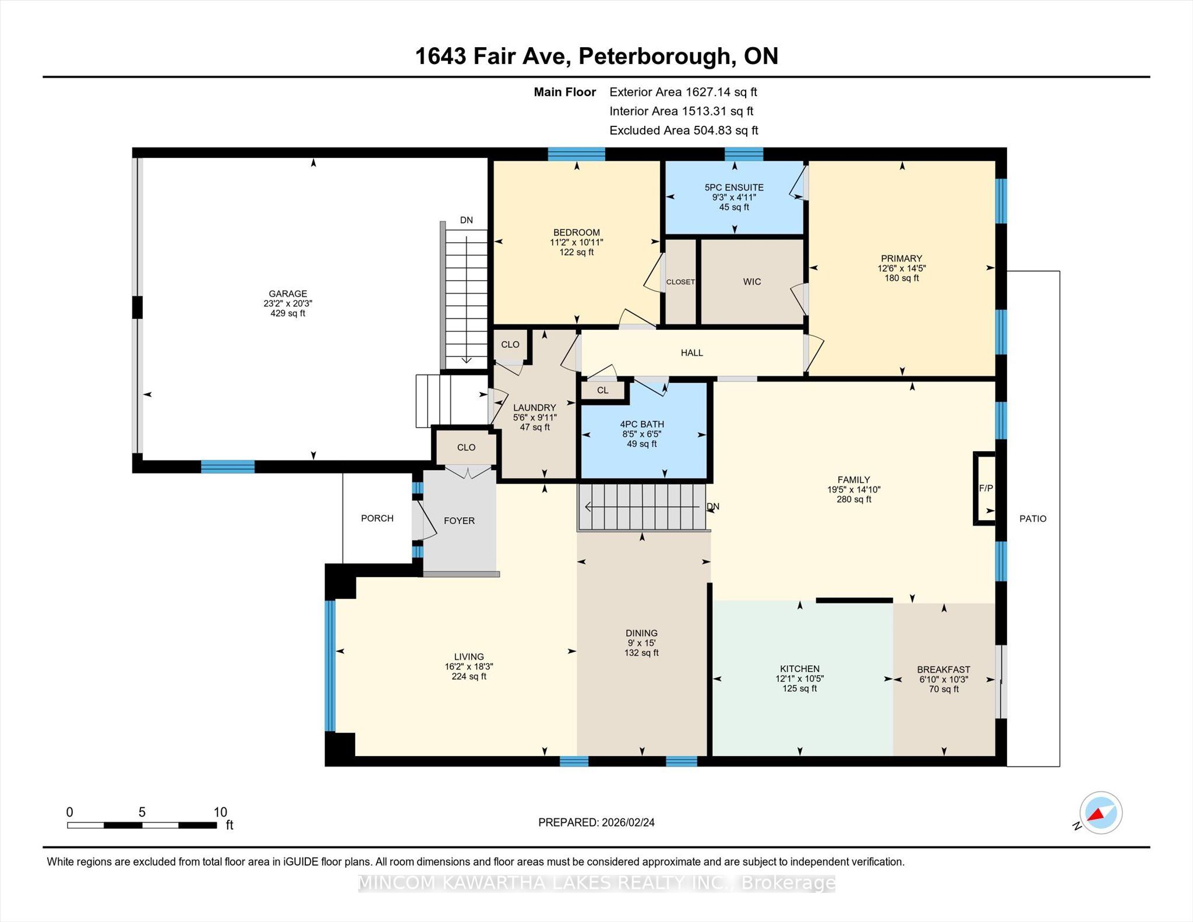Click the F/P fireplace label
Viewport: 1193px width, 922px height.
coord(986,489)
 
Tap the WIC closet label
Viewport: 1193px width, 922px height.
coord(752,282)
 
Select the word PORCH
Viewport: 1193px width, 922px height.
coord(377,518)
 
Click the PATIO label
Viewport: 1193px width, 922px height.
coord(1033,519)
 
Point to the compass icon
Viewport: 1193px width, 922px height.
coord(1100,813)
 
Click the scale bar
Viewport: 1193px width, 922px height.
coord(142,825)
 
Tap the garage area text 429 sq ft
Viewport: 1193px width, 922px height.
coord(288,313)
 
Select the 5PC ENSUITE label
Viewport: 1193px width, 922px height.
coord(734,188)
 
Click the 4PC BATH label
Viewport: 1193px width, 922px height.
coord(642,425)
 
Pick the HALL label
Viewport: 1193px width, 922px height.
coord(692,353)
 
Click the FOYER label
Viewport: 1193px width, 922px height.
coord(459,521)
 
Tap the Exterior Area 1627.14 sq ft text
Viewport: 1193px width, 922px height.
coord(683,92)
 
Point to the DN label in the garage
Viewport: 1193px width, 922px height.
coord(466,220)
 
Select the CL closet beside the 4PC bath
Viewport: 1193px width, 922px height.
coord(603,390)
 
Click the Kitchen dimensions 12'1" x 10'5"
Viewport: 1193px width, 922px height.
coord(800,679)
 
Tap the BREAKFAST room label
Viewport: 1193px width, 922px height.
coord(944,670)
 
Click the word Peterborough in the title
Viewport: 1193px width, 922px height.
coord(654,56)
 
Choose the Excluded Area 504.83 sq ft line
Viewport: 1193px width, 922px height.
coord(684,130)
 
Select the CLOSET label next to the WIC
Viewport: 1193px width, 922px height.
coord(680,282)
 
